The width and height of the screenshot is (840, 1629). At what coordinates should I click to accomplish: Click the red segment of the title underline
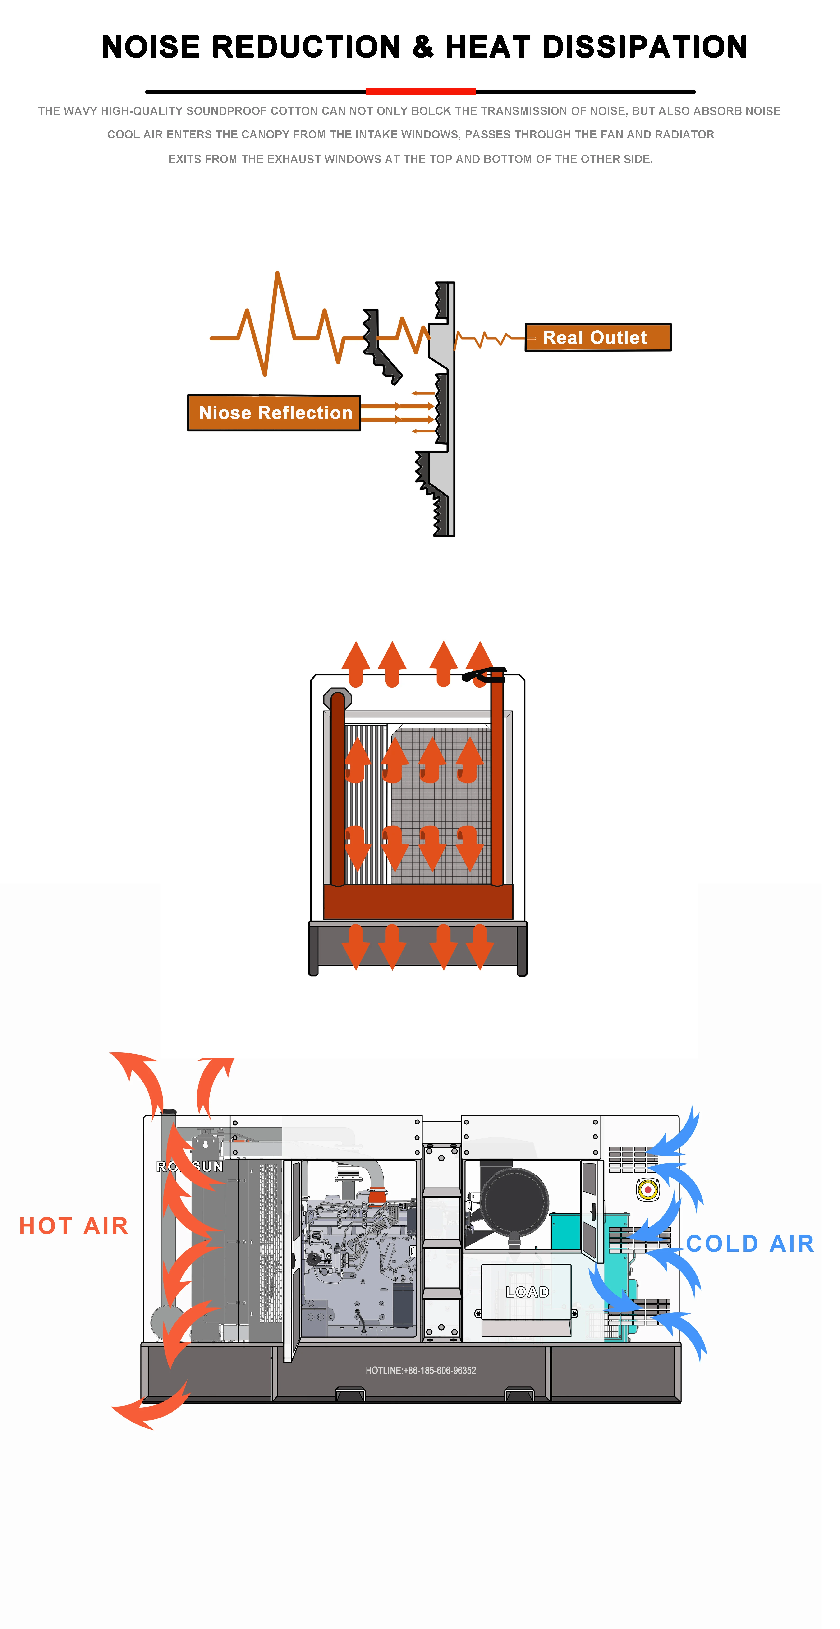[x=421, y=92]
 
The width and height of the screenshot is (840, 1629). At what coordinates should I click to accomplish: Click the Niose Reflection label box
[x=275, y=413]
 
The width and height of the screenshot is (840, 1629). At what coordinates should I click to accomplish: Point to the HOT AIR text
[x=74, y=1225]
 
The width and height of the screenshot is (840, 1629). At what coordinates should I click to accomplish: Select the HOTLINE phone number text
[x=421, y=1370]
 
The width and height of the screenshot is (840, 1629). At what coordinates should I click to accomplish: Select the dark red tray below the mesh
[x=418, y=901]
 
